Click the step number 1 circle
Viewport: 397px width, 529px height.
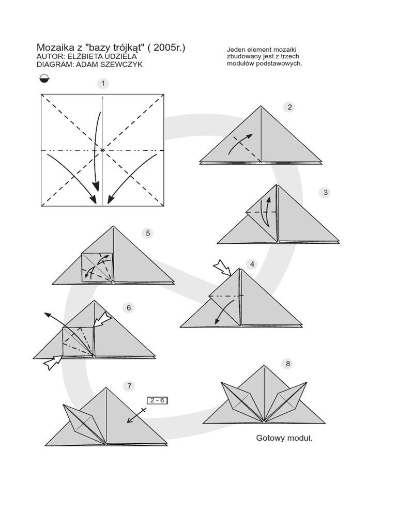(103, 83)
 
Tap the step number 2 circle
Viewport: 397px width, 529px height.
(290, 107)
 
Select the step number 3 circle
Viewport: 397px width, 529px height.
(325, 193)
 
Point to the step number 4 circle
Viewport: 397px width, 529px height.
(252, 264)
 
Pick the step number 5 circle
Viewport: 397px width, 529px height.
(148, 233)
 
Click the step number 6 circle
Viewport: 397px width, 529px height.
(129, 308)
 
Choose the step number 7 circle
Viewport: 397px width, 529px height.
(129, 385)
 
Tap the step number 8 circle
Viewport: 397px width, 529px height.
(288, 364)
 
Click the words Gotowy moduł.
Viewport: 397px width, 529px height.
(285, 438)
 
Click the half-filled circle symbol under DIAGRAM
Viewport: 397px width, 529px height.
(44, 79)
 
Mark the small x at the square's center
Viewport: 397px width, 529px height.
(102, 150)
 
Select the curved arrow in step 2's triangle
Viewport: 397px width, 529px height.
(242, 143)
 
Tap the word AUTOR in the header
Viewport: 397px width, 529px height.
(50, 56)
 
